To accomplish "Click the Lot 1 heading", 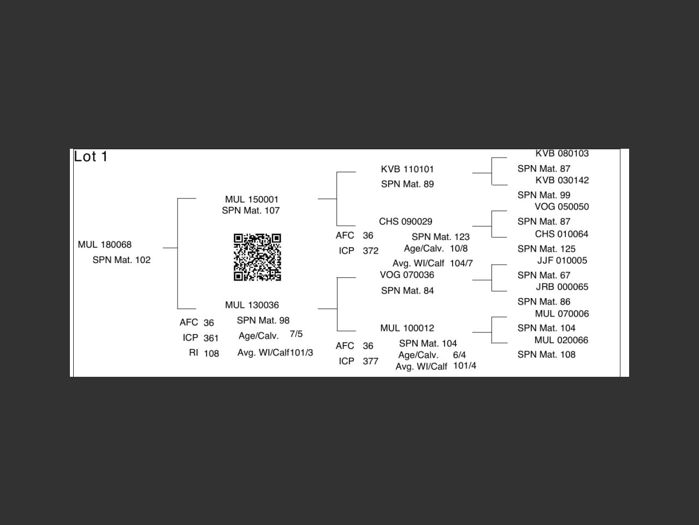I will click(91, 156).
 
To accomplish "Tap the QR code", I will click(257, 257).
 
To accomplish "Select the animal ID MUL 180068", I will click(105, 244).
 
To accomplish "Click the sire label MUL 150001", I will click(251, 199).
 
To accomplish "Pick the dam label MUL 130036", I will click(252, 305).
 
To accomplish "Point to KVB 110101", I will click(407, 169).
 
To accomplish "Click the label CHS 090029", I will click(406, 221).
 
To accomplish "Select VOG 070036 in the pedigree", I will click(407, 275).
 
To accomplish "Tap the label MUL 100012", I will click(407, 328).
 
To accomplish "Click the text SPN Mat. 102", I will click(121, 260).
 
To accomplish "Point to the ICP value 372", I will click(370, 251).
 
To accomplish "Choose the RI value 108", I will click(211, 353).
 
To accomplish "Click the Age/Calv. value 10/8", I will click(459, 248).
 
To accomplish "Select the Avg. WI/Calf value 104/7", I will click(461, 263).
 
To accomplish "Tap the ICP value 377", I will click(370, 361).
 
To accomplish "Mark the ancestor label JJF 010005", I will click(562, 260).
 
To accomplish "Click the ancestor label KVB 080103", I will click(562, 154).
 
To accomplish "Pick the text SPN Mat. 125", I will click(547, 249).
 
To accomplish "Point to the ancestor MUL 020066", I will click(561, 340).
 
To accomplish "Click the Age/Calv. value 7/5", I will click(296, 334).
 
